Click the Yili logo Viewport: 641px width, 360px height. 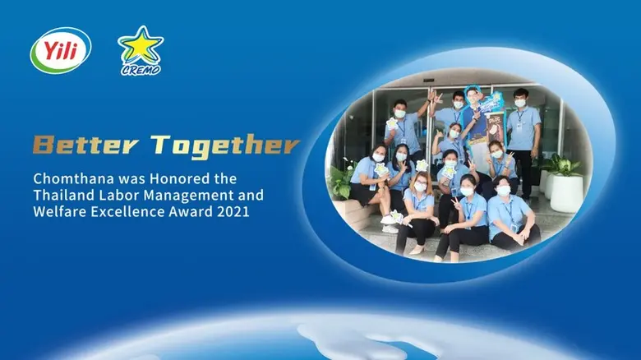(x=60, y=50)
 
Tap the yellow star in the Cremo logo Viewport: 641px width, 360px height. (x=140, y=46)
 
